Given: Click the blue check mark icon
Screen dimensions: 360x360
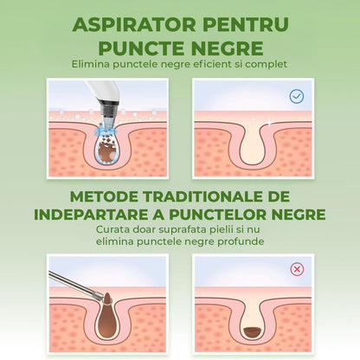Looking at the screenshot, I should tap(297, 95).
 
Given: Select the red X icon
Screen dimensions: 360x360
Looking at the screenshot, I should tap(297, 269).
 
